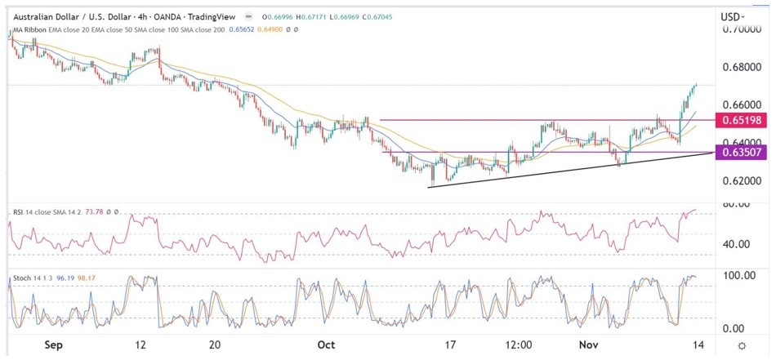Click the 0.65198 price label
click(738, 121)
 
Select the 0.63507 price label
click(738, 152)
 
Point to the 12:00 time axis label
click(520, 345)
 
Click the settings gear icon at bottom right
click(741, 345)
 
